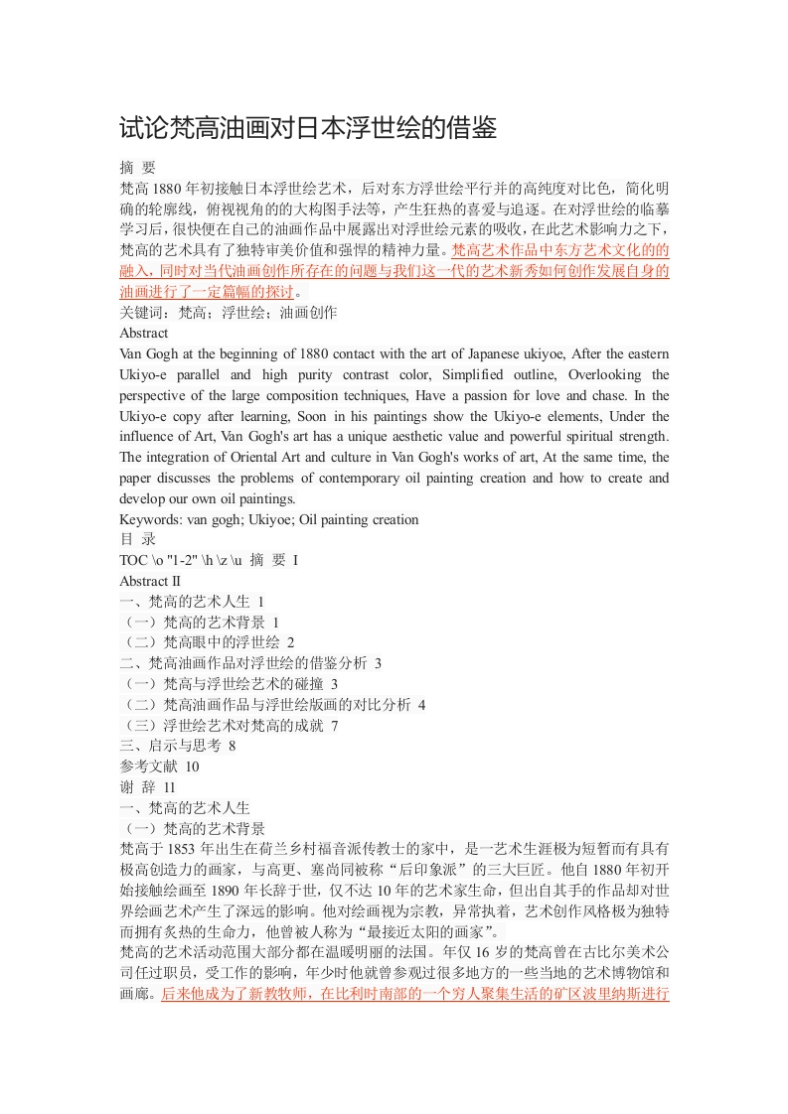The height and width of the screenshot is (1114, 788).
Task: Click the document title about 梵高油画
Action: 307,128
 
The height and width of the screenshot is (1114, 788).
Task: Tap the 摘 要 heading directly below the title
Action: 137,167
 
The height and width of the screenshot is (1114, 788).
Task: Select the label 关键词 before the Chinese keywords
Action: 140,313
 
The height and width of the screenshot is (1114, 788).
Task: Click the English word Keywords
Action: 150,519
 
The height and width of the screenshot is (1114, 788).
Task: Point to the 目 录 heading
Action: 137,540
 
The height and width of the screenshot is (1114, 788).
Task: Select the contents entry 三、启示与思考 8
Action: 177,746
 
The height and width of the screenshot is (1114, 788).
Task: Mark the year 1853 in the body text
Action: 183,849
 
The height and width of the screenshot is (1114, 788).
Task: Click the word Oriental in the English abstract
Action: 266,458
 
